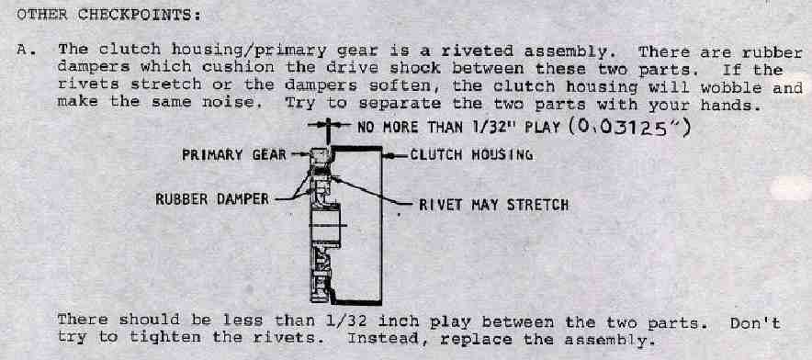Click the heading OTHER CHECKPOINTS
click(x=108, y=14)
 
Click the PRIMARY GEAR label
click(x=234, y=155)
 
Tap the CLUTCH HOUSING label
click(x=471, y=154)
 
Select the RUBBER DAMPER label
click(x=212, y=199)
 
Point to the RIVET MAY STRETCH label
click(x=493, y=205)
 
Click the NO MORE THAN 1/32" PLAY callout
click(x=459, y=128)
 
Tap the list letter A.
click(x=22, y=51)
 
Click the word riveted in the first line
click(x=477, y=51)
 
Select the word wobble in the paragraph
click(x=730, y=87)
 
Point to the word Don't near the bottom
click(x=755, y=323)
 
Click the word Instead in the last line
click(x=383, y=339)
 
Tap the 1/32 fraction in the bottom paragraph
click(x=347, y=321)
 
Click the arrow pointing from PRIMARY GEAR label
click(x=299, y=154)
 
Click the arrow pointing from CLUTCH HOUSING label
click(x=395, y=155)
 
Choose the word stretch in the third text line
click(x=165, y=85)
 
